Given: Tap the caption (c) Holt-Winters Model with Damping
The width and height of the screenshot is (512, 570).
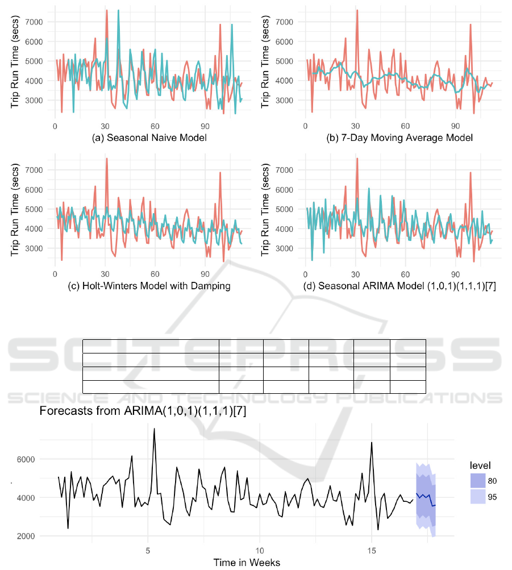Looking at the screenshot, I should (x=142, y=286).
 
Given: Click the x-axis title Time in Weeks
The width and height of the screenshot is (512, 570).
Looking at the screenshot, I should (x=247, y=563).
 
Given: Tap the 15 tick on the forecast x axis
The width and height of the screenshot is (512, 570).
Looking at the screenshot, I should (x=372, y=551).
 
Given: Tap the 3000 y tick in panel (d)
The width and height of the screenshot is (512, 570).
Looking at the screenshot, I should (x=290, y=249).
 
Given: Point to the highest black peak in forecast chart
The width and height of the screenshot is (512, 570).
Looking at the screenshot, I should (x=154, y=429).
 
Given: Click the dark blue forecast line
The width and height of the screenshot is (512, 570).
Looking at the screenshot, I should (x=425, y=498).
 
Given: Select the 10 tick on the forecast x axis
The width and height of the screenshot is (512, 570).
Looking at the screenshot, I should (x=260, y=551).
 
